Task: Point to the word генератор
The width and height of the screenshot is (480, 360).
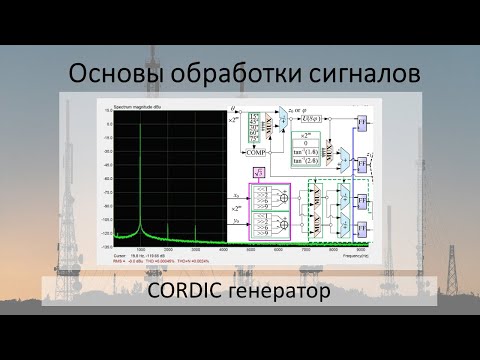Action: (285, 293)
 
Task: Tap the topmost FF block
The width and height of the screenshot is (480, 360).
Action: (363, 121)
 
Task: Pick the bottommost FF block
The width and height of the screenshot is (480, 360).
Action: (363, 227)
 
